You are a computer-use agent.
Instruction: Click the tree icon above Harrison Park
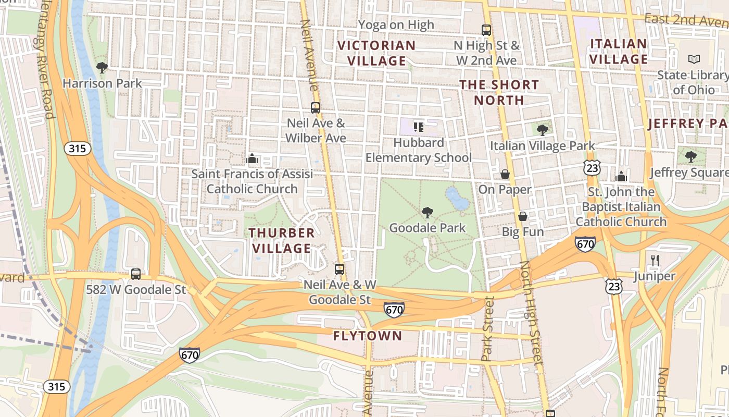[102, 67]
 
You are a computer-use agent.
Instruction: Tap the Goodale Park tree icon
[427, 212]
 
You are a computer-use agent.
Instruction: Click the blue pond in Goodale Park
[457, 199]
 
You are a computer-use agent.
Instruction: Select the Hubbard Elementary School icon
[418, 127]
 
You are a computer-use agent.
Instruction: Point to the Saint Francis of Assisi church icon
[252, 158]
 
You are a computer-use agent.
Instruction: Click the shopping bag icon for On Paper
[505, 174]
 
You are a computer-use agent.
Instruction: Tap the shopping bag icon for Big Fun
[523, 216]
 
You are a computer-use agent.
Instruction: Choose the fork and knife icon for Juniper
[655, 260]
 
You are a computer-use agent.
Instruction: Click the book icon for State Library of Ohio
[694, 59]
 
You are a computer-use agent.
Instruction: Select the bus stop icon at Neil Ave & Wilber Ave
[316, 108]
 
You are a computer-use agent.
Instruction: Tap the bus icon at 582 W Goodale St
[136, 274]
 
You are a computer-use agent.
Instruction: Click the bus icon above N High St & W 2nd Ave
[486, 30]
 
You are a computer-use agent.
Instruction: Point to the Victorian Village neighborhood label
[376, 53]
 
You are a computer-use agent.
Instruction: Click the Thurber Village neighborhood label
[282, 240]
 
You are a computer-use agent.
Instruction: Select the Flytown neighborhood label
[368, 336]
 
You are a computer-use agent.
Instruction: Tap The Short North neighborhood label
[499, 92]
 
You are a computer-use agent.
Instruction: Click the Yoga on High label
[396, 24]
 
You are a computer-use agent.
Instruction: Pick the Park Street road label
[488, 329]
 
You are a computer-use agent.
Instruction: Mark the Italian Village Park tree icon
[542, 130]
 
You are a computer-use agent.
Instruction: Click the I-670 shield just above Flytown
[394, 310]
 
